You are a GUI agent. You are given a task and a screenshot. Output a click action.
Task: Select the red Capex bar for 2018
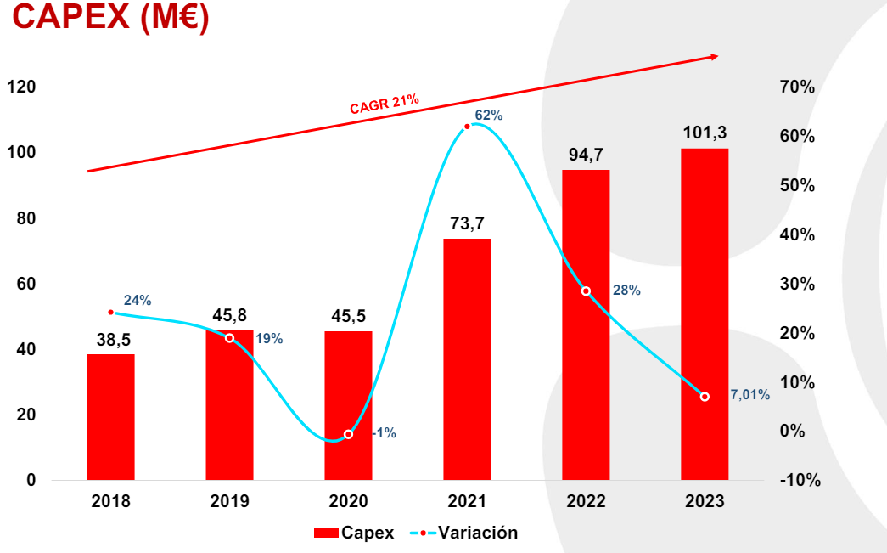tap(110, 416)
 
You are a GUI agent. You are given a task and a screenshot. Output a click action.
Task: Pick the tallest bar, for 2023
tap(705, 314)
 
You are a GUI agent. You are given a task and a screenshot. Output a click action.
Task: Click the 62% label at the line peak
tap(489, 115)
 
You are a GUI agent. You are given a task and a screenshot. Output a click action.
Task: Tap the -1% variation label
tap(384, 433)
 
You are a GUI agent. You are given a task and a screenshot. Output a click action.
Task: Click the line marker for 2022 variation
tap(586, 291)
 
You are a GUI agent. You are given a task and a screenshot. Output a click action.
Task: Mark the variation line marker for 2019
tap(229, 338)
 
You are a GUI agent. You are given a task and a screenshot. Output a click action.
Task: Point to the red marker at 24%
tap(110, 313)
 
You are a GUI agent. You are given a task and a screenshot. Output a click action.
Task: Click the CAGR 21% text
tap(385, 104)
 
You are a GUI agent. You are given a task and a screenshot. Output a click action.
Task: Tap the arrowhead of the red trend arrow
tap(713, 57)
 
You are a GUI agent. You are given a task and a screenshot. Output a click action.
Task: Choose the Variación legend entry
tap(463, 533)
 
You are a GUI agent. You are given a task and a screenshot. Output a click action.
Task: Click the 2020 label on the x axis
tap(348, 501)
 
